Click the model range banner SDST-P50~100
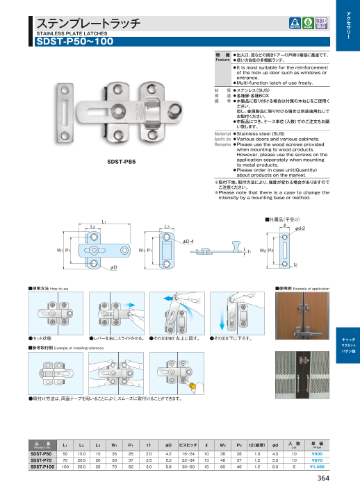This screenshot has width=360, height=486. coord(73,41)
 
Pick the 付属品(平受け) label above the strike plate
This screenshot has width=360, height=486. coord(284,219)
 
